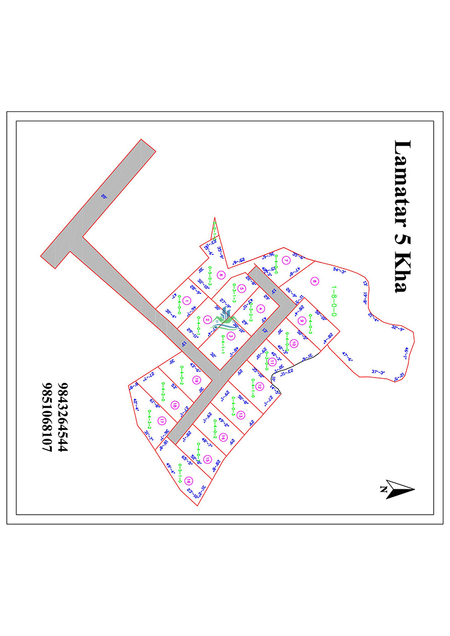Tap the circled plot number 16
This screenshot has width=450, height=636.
189,480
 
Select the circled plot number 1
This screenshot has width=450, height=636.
186,302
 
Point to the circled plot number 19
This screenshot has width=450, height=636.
196,380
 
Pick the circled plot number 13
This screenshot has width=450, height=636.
241,415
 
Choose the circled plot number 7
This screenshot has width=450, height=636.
285,260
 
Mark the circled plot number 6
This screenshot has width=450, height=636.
221,275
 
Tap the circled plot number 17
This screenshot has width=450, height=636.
161,420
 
